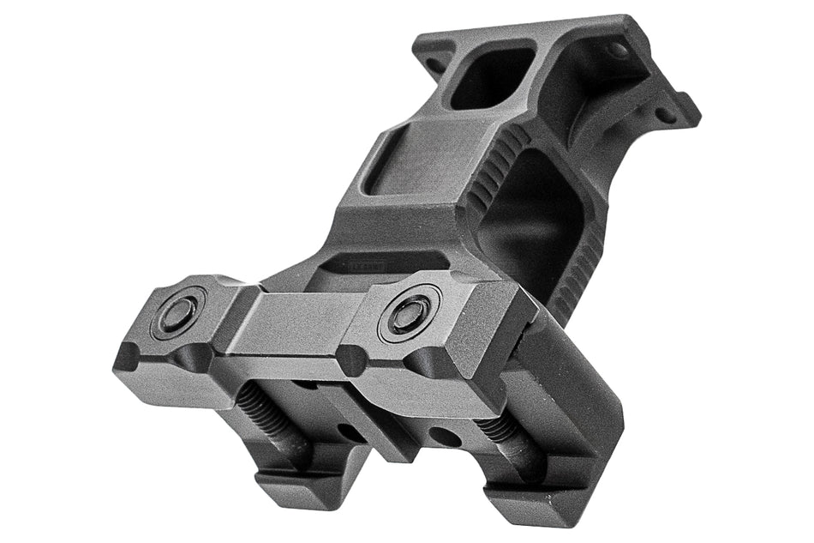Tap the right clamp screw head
(410, 313)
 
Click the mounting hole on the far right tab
(665, 114)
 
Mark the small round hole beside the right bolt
(446, 434)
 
